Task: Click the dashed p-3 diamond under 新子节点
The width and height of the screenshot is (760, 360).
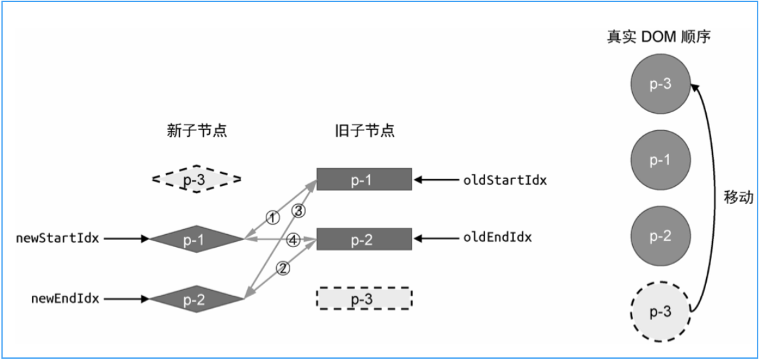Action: [x=196, y=179]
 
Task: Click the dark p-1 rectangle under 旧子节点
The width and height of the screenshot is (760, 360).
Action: [x=364, y=180]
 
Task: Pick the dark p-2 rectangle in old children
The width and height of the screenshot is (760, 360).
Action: [x=364, y=239]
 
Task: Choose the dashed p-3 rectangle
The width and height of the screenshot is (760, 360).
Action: [x=364, y=298]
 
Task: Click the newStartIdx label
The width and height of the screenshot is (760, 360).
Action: [x=58, y=239]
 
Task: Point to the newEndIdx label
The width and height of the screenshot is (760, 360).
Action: [x=65, y=299]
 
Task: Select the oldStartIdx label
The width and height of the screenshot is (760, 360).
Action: [x=505, y=180]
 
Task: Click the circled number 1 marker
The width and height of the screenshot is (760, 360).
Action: [x=273, y=218]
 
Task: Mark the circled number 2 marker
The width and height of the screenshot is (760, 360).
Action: [x=282, y=268]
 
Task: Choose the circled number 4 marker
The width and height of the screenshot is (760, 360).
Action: [x=293, y=240]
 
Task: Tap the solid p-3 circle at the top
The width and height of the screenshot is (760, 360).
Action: [x=660, y=85]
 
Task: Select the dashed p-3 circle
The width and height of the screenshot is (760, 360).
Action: [x=660, y=313]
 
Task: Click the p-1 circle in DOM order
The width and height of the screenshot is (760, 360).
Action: [x=660, y=161]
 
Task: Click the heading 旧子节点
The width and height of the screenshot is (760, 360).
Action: [x=364, y=132]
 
